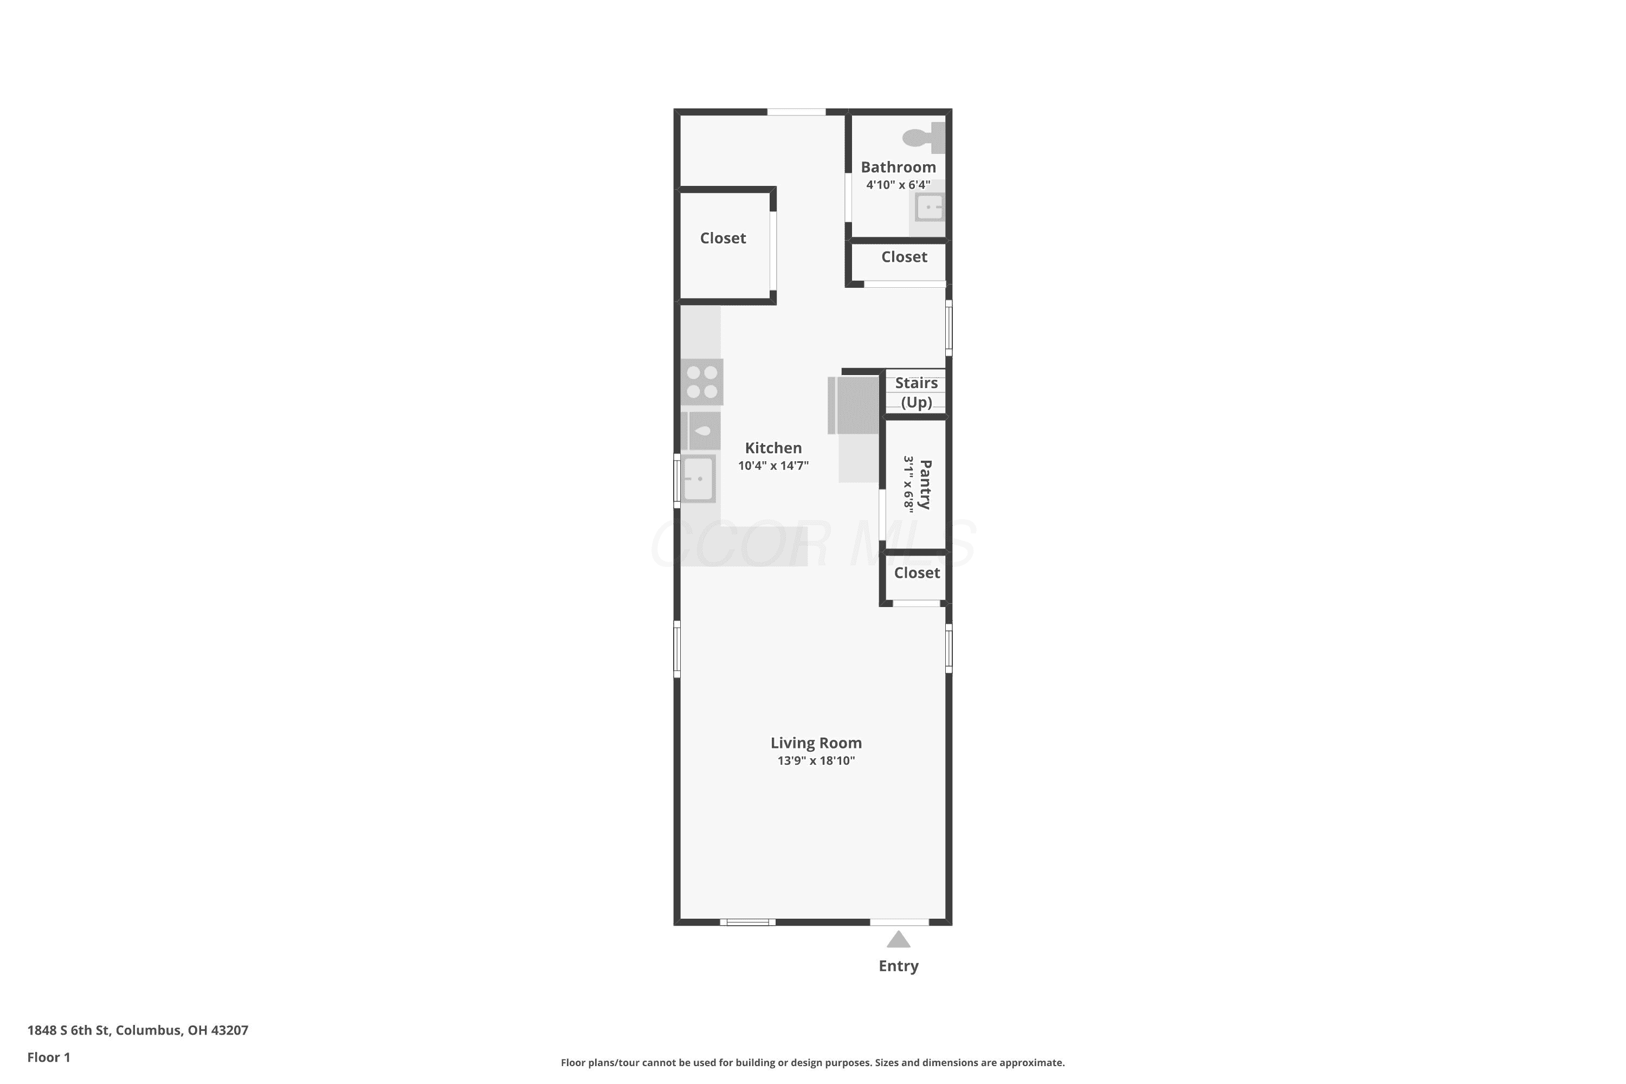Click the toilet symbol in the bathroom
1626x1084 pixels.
924,138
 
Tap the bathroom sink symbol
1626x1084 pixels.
929,208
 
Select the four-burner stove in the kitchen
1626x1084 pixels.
702,382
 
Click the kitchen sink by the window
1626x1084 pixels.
698,479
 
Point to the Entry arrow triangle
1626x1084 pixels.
898,939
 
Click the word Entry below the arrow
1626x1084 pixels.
898,966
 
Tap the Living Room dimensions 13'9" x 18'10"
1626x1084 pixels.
816,760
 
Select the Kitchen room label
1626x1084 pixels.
773,448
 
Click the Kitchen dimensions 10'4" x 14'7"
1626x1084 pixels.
773,465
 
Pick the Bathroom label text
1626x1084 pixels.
898,167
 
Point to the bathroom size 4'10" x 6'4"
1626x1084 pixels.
898,185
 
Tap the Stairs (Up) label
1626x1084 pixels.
917,392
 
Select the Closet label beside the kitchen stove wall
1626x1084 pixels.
722,238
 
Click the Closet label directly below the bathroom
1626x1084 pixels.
904,256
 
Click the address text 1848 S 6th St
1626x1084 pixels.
68,1030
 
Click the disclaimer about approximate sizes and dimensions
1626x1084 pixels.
812,1062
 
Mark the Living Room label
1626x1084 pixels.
816,743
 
